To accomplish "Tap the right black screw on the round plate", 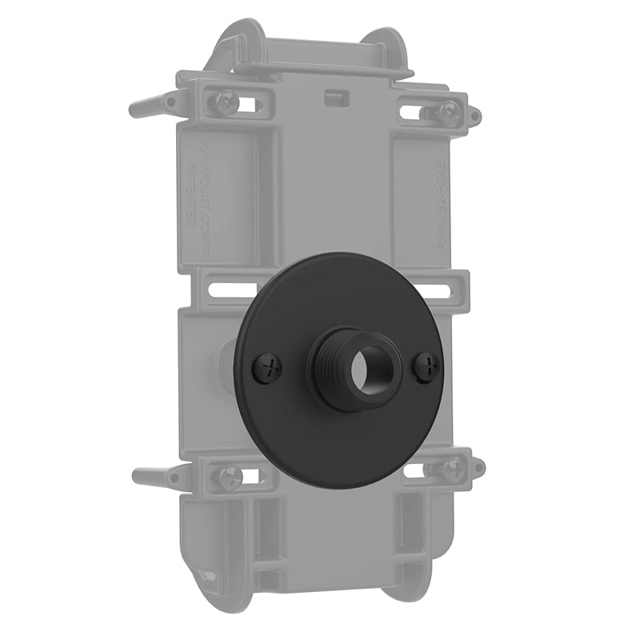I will coord(430,367).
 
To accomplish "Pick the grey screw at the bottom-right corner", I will coord(452,467).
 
